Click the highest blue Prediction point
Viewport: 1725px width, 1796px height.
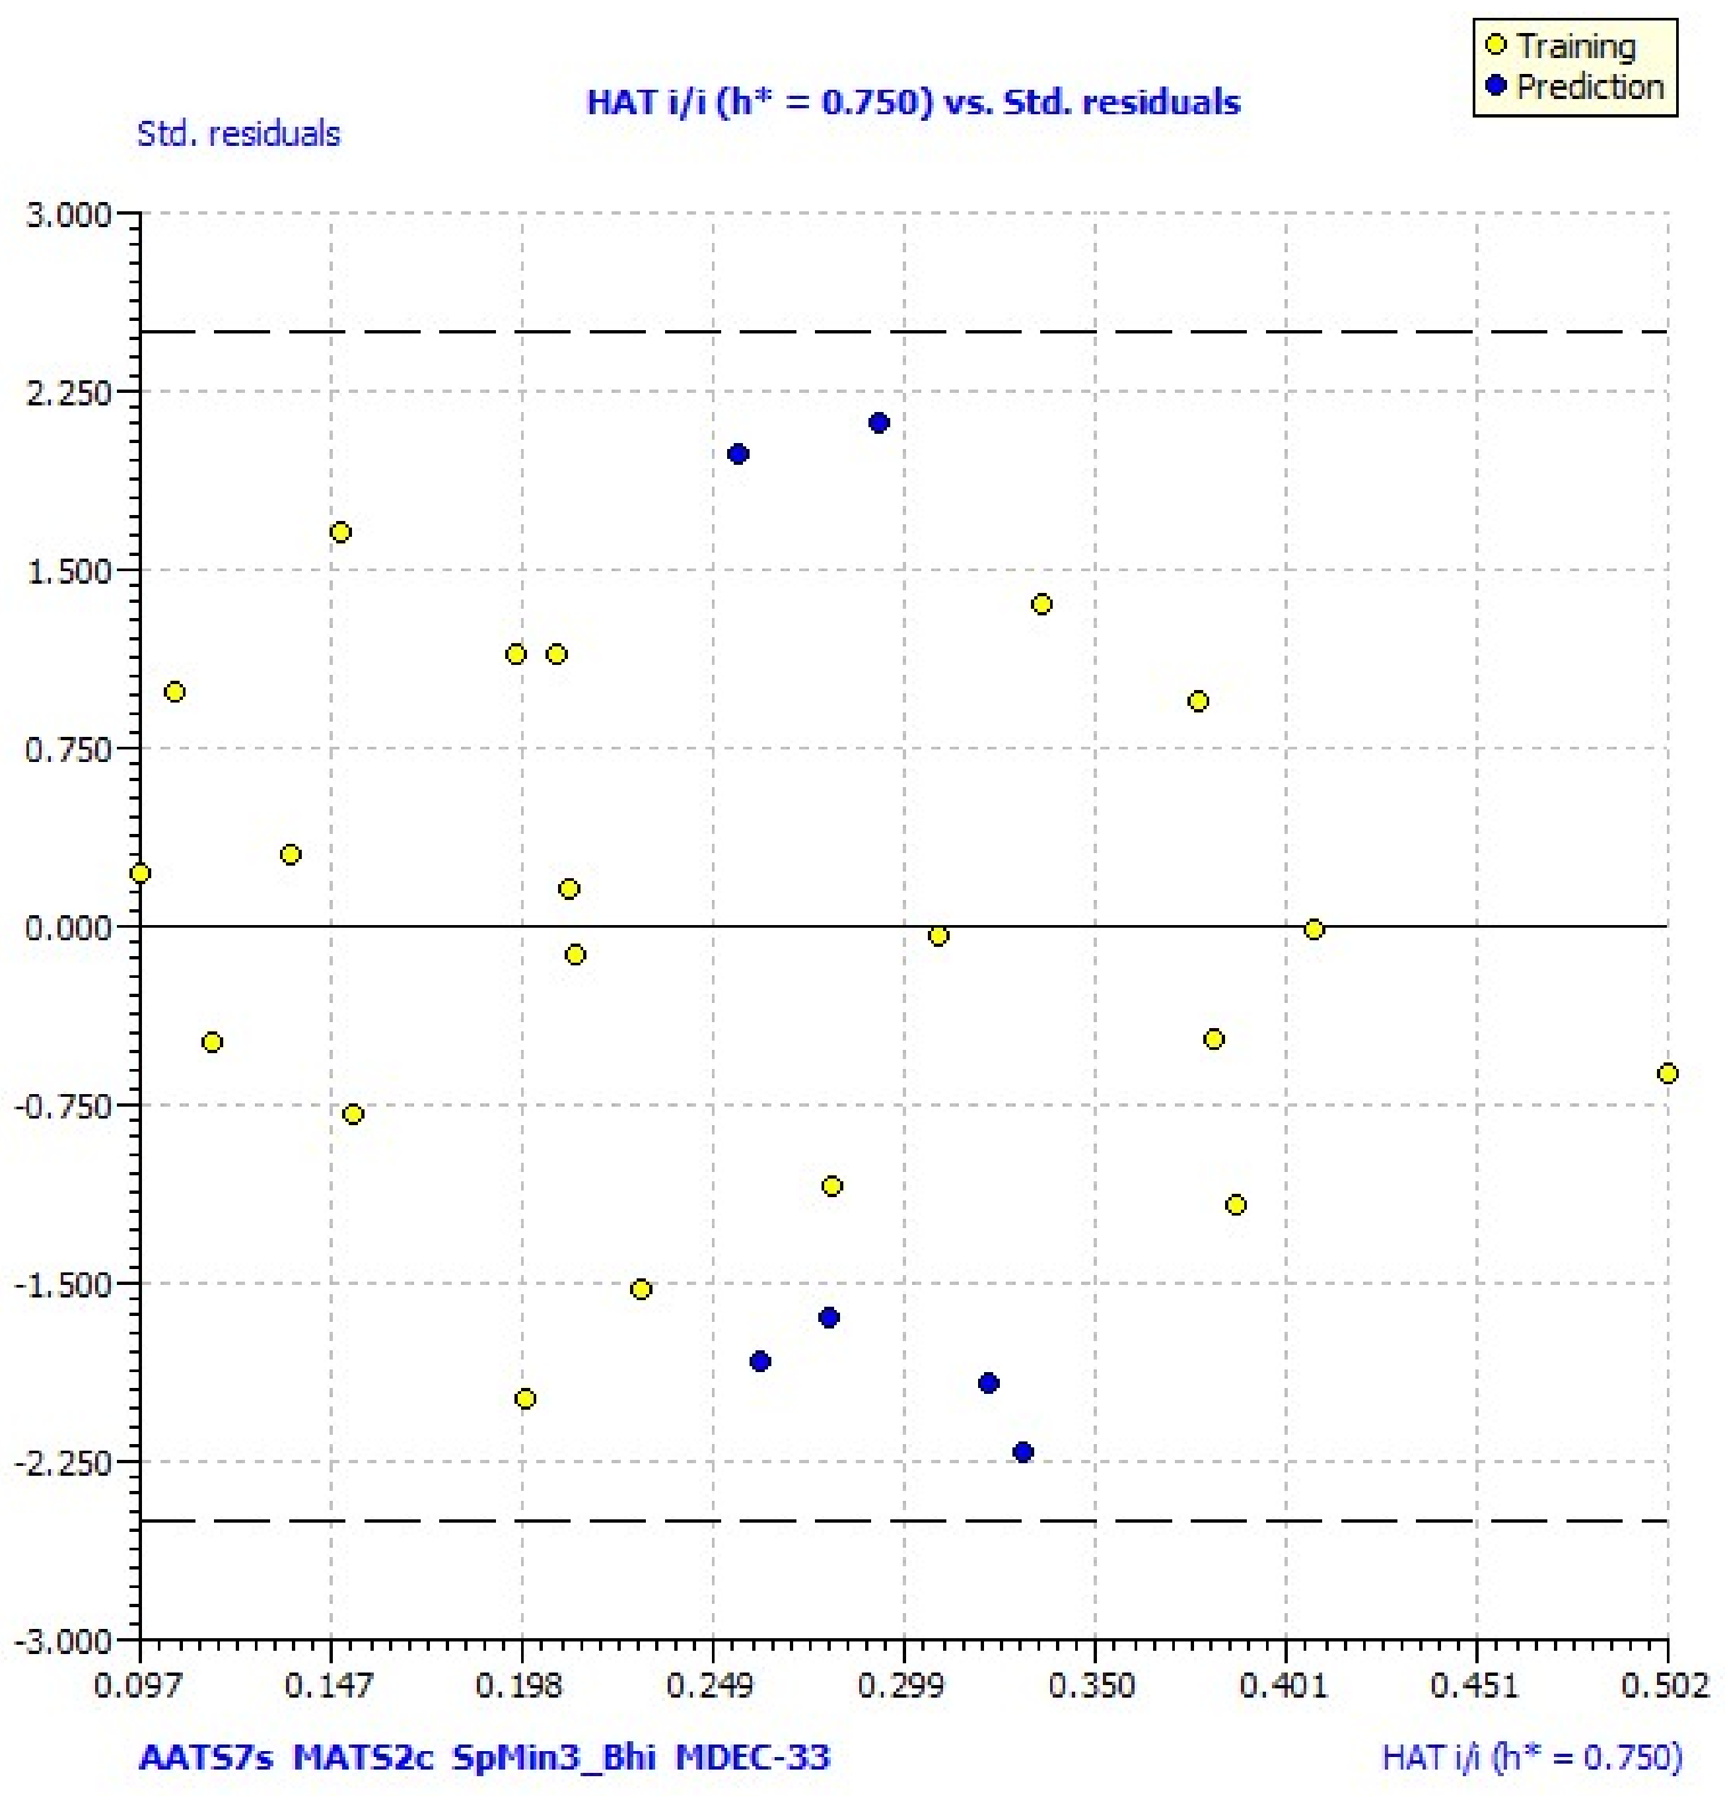click(x=878, y=423)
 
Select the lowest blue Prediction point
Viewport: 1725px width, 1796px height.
click(x=1023, y=1451)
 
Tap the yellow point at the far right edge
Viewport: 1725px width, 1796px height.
click(x=1668, y=1073)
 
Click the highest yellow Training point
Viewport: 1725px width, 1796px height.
click(x=340, y=532)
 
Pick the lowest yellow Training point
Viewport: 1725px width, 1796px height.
click(x=525, y=1399)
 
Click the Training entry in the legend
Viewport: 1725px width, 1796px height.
click(x=1574, y=46)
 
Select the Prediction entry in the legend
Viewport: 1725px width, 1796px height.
click(x=1588, y=87)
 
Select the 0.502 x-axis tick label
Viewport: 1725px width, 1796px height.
click(x=1666, y=1685)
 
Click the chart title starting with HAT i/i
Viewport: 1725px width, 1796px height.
click(x=913, y=102)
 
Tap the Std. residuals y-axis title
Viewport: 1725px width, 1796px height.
click(x=238, y=135)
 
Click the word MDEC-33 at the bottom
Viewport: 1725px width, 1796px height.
click(x=752, y=1756)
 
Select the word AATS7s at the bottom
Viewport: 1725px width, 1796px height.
click(x=206, y=1756)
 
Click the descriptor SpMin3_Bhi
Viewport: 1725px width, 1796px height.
click(x=553, y=1756)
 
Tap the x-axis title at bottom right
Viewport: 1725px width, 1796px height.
click(x=1531, y=1756)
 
